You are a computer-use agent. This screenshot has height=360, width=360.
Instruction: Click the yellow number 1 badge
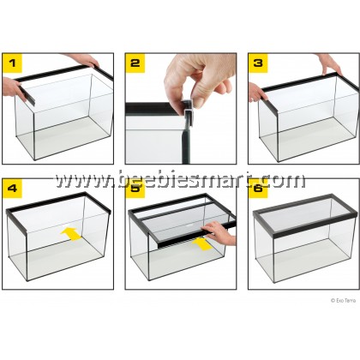(x=12, y=63)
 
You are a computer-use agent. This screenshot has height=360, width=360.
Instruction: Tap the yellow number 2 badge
(x=135, y=63)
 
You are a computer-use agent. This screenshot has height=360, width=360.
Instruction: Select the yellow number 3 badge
(x=258, y=63)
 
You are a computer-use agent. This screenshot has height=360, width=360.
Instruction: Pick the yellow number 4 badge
(x=12, y=189)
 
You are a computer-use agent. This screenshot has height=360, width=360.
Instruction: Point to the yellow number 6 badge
(x=258, y=189)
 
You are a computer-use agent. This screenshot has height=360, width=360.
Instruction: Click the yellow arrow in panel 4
(x=71, y=234)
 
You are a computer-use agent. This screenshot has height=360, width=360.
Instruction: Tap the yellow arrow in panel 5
(x=202, y=244)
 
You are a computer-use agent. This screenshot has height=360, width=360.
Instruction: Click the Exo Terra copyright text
(x=343, y=300)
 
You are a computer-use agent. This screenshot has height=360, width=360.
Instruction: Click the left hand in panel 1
(x=12, y=88)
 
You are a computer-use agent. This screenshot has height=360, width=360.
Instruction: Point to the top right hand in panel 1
(x=83, y=60)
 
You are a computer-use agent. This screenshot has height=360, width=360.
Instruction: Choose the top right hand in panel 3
(x=328, y=63)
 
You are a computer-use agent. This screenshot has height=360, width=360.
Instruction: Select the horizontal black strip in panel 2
(x=153, y=109)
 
